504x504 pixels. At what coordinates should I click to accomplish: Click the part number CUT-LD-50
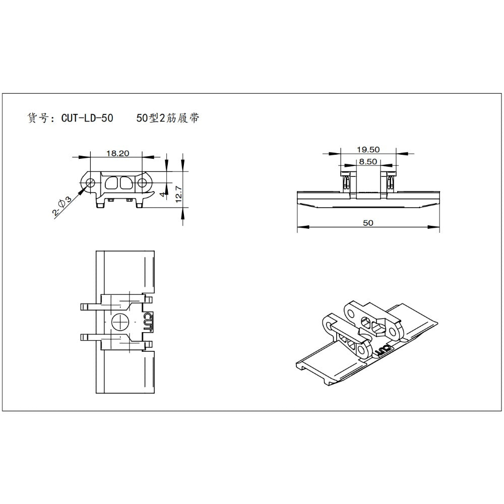click(87, 119)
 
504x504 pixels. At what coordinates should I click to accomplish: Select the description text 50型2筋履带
click(167, 119)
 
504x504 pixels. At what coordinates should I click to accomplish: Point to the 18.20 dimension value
click(116, 154)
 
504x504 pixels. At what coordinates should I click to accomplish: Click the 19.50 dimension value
click(368, 149)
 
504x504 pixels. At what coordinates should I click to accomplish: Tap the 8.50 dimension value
click(368, 162)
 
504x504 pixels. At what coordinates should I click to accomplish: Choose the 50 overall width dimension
click(368, 223)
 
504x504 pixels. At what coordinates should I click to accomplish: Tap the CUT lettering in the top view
click(147, 321)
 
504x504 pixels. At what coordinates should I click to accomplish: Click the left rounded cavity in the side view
click(111, 182)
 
